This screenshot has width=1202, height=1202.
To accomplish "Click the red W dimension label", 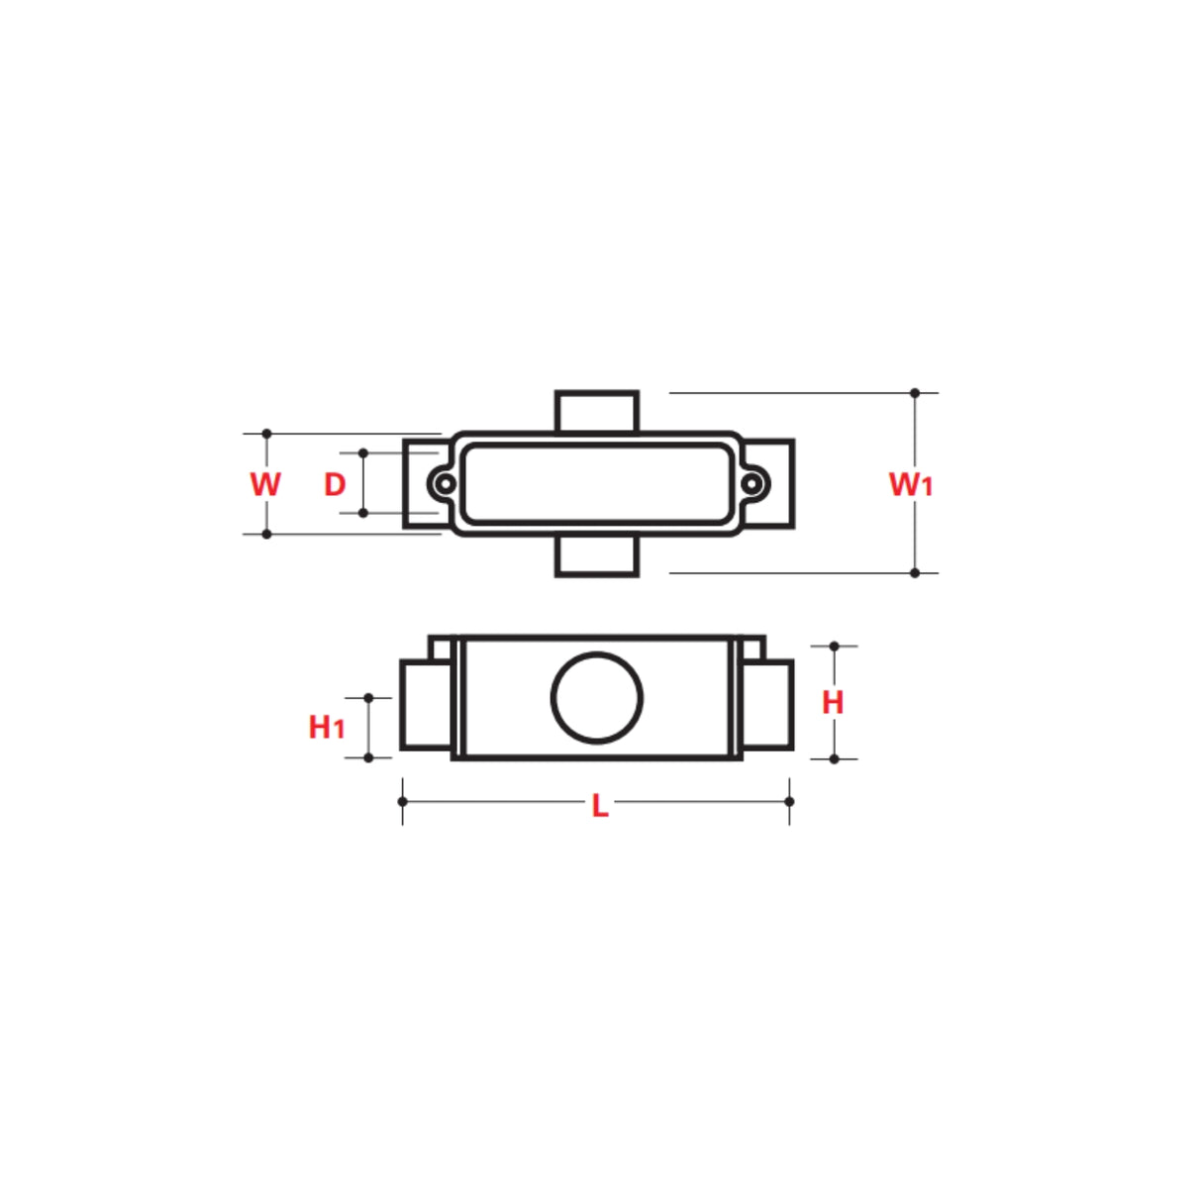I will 265,484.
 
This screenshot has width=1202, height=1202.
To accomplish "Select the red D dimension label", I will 336,484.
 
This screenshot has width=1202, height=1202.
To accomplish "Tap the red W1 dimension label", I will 910,484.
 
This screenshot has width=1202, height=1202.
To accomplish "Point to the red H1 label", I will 326,727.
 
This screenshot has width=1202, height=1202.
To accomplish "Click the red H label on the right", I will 833,702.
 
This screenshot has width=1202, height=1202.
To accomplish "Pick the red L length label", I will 599,807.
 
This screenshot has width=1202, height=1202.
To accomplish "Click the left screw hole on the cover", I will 446,484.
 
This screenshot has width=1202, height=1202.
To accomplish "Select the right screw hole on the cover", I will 752,484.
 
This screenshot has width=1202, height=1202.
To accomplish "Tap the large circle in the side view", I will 597,697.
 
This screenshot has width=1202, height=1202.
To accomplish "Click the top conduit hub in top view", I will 597,411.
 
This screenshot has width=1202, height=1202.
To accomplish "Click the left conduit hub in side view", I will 426,705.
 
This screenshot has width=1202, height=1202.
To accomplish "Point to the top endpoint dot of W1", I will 915,393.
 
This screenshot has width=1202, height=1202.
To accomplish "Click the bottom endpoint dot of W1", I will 915,572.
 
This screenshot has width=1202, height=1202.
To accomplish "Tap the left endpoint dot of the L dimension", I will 402,801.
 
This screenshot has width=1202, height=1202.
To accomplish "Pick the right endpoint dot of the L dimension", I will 789,801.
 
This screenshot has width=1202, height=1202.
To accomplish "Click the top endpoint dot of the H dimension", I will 834,646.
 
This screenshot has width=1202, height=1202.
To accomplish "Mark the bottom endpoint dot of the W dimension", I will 266,534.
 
